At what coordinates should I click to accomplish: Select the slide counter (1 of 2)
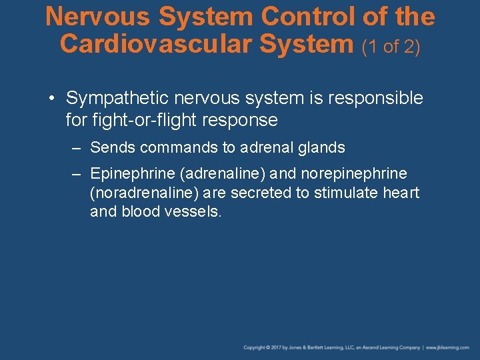(391, 47)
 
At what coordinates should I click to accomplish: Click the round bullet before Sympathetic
(51, 99)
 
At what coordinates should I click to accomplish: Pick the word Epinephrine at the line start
(133, 174)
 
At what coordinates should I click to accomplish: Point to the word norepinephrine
(354, 174)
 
